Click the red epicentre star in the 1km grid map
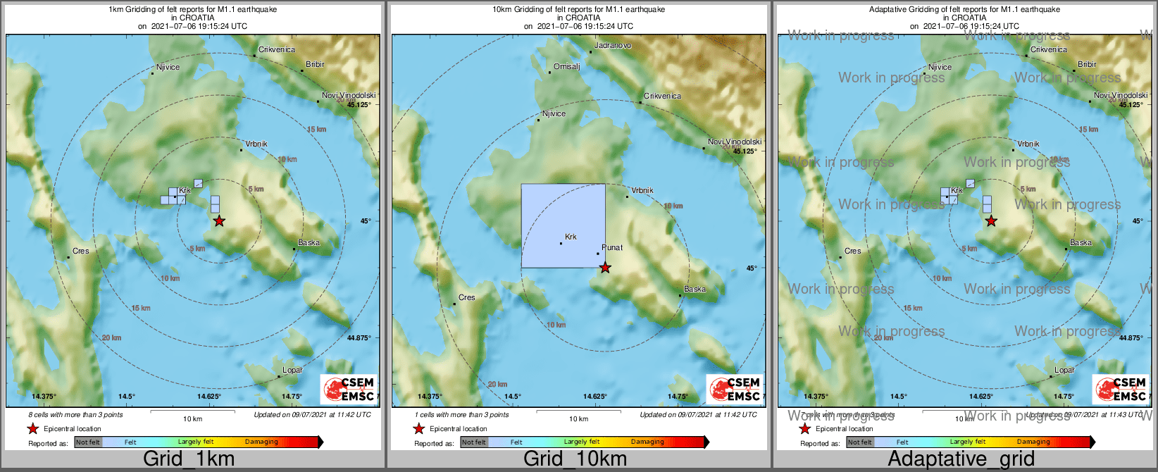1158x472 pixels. [x=219, y=221]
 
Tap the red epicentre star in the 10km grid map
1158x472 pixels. [x=605, y=268]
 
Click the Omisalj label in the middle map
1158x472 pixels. [x=566, y=67]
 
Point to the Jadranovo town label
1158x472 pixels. [x=613, y=46]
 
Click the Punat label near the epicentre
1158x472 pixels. [x=612, y=248]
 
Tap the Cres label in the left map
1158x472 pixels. [x=81, y=251]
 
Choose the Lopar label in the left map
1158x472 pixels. [x=292, y=370]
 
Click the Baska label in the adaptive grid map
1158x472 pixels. [x=1081, y=243]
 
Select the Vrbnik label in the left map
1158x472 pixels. [x=256, y=144]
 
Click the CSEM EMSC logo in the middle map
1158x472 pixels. [x=735, y=389]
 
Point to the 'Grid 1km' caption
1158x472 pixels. [x=189, y=459]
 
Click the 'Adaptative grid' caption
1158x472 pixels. [x=961, y=459]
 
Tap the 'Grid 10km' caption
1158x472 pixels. [x=575, y=459]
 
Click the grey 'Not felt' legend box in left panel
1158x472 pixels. [x=88, y=442]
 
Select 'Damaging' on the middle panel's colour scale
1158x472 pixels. [x=647, y=442]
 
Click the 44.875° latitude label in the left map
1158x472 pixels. [x=359, y=338]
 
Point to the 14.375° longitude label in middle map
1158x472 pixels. [x=430, y=397]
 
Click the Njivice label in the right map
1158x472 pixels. [x=940, y=68]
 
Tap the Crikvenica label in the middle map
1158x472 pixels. [x=662, y=96]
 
